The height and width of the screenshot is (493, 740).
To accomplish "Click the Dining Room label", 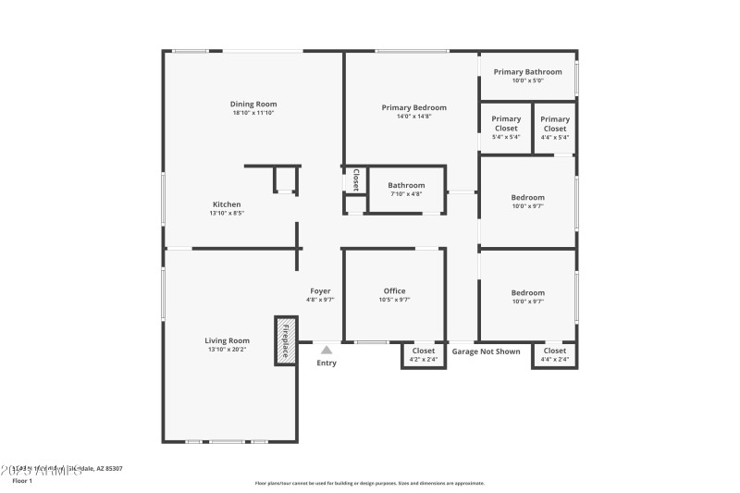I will [253, 105].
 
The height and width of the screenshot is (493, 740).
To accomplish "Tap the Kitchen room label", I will [227, 204].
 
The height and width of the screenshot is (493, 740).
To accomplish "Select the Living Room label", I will [227, 340].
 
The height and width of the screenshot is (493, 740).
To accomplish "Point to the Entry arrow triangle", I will [327, 350].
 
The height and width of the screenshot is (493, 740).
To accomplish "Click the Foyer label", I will [320, 291].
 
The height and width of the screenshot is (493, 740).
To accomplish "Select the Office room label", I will [394, 291].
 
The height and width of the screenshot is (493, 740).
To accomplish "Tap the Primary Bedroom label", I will [413, 108].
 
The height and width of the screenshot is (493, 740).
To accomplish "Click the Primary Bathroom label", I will [527, 72].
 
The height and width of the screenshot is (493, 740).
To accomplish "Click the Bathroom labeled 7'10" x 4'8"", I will [406, 186].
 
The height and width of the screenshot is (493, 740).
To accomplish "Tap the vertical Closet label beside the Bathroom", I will [355, 179].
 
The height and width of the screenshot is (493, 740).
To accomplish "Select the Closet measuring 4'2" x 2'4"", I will [423, 351].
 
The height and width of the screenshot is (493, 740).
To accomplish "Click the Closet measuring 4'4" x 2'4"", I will [555, 351].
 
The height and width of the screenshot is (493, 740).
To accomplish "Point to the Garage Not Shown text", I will [486, 351].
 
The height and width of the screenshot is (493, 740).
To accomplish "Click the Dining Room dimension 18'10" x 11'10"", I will [253, 113].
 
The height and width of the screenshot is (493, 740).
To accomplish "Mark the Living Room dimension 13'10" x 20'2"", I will [227, 350].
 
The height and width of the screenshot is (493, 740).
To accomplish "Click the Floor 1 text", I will [22, 481].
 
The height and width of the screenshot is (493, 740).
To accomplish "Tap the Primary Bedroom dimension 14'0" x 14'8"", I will [413, 117].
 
